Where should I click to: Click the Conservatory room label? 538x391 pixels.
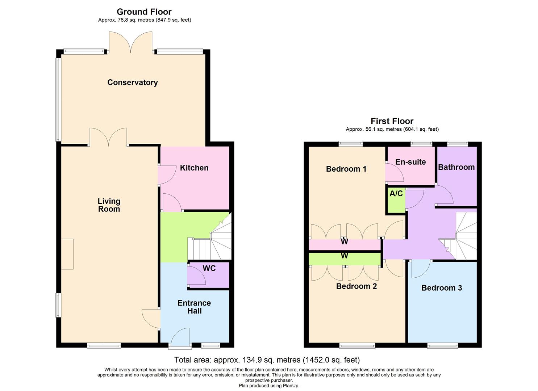[132, 83]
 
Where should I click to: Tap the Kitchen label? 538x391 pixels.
[194, 168]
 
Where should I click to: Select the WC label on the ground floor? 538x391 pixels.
[209, 268]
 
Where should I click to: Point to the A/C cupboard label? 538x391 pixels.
[396, 194]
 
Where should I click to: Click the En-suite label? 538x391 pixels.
[410, 162]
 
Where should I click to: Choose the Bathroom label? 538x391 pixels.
[456, 167]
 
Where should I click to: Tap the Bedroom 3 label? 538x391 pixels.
[442, 288]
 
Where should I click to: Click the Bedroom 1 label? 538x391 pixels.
[346, 169]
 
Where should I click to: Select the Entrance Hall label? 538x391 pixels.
[194, 307]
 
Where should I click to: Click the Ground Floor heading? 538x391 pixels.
[144, 12]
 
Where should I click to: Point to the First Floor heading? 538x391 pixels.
[392, 121]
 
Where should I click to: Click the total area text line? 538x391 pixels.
[267, 360]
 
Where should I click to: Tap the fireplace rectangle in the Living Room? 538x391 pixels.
[67, 254]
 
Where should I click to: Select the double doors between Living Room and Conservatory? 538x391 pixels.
[108, 138]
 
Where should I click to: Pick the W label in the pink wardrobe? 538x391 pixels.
[344, 241]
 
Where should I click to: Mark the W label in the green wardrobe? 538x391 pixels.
[344, 256]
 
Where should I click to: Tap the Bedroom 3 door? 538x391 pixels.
[420, 269]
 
